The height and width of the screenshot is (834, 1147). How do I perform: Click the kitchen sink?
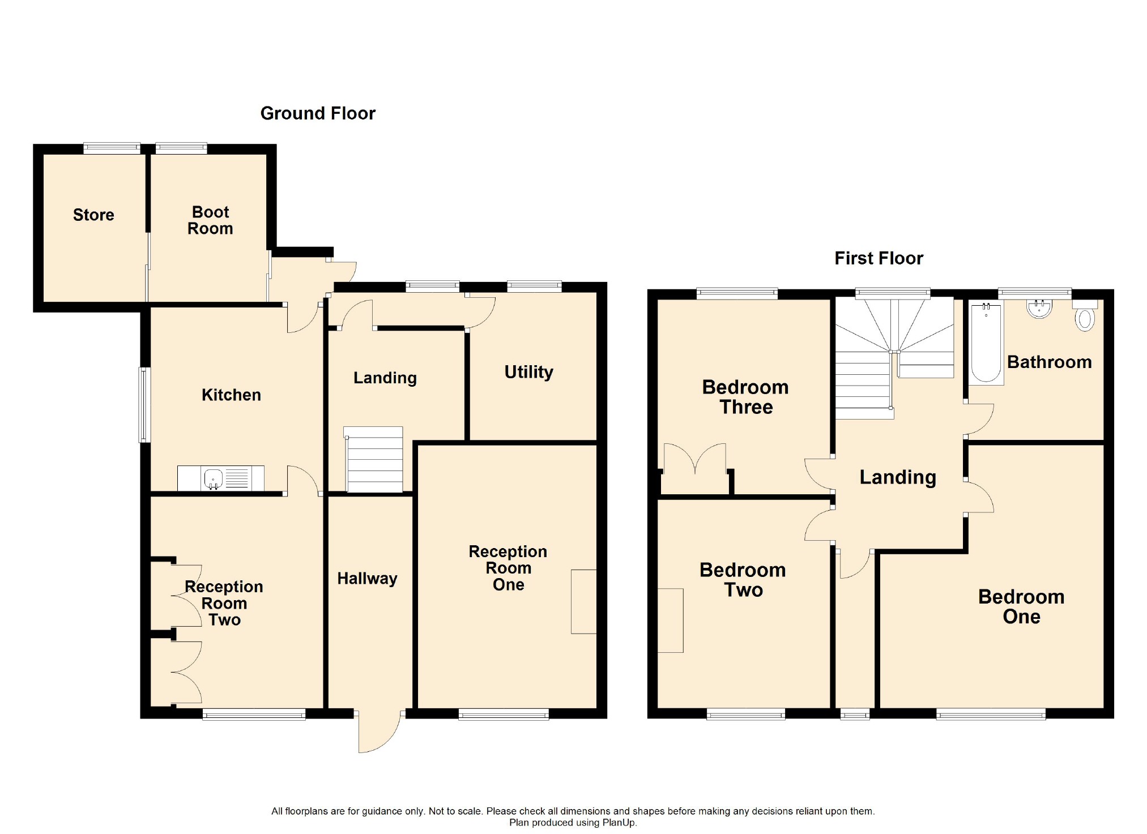click(x=214, y=478)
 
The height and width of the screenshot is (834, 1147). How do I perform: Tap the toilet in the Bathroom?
click(x=1085, y=318)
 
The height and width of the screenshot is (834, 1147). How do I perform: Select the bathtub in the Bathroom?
click(x=986, y=343)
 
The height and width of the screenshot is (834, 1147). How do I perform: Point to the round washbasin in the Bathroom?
click(x=1039, y=309)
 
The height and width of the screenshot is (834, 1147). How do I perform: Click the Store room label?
click(x=93, y=215)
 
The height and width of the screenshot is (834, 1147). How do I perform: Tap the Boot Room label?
click(x=210, y=220)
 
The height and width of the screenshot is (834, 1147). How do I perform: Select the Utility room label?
click(x=528, y=372)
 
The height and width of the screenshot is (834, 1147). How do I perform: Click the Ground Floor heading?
click(x=318, y=113)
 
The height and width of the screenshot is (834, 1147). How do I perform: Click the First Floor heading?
click(x=879, y=258)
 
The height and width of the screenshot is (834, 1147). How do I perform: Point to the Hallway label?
click(x=367, y=579)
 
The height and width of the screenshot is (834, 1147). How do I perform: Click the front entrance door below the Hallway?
click(x=378, y=732)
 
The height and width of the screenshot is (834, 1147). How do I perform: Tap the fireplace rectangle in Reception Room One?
click(x=583, y=601)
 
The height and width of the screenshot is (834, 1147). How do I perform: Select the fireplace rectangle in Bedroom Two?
click(x=671, y=621)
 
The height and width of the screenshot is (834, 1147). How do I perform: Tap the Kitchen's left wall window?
click(x=145, y=405)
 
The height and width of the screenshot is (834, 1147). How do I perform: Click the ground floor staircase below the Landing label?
click(x=374, y=460)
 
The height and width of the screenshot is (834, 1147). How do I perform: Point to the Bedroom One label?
click(x=1021, y=606)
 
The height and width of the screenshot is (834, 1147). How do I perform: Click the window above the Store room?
click(x=112, y=148)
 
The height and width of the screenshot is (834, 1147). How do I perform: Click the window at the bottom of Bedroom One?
click(x=991, y=715)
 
